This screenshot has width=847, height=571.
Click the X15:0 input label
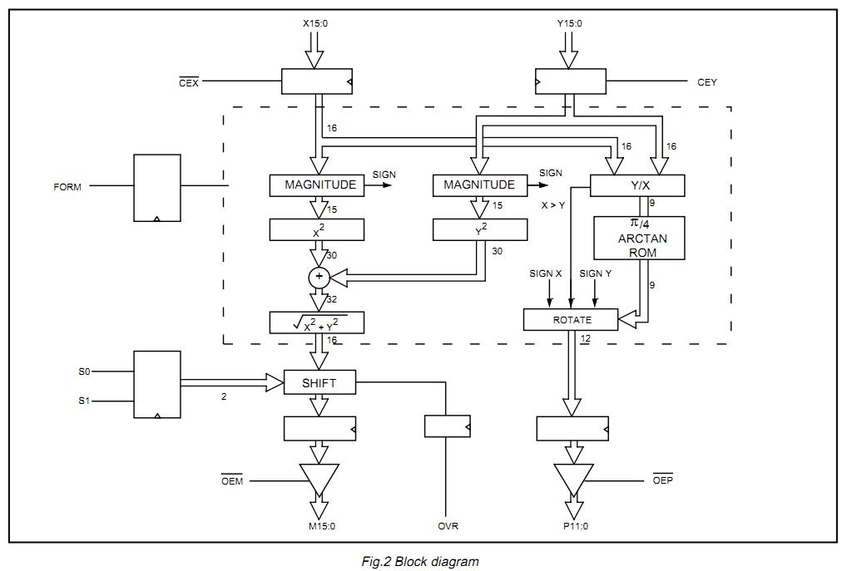coord(315,24)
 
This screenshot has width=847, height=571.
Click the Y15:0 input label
coord(569,24)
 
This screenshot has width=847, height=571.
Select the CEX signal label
coord(189,82)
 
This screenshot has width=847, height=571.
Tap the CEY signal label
coord(706,82)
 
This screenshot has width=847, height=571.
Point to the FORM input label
coord(67,187)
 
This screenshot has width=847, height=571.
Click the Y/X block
coord(637,185)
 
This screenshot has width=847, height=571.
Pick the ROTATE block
coord(571,319)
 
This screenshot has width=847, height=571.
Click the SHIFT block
coord(320,382)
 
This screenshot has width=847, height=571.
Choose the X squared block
coord(317,230)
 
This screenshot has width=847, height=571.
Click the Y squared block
coord(480,230)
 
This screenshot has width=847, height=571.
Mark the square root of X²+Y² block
coord(317,322)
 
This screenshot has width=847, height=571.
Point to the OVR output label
coord(448,526)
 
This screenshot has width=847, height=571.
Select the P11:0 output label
coord(573,526)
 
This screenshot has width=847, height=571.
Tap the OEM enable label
coord(231,481)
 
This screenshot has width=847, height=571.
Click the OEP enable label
coord(662,481)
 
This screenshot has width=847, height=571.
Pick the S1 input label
coord(85,401)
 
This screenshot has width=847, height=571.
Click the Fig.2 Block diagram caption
coord(420,562)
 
